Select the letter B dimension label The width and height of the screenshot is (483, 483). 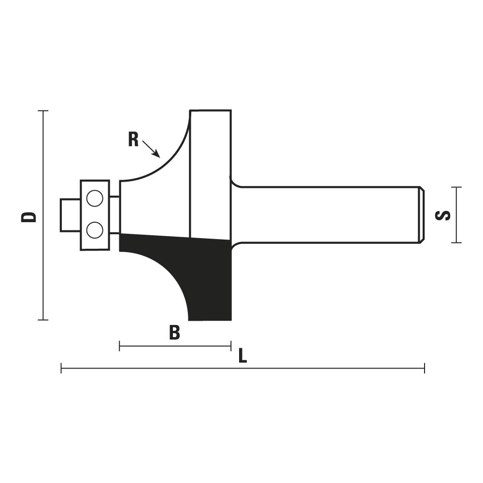[x=175, y=332]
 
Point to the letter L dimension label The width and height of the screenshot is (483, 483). [x=243, y=356]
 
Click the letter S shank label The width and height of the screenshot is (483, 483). [x=442, y=215]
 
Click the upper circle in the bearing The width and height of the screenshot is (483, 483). [x=95, y=198]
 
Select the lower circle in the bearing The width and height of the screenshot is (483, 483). [x=95, y=230]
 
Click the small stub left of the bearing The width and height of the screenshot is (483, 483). [x=71, y=215]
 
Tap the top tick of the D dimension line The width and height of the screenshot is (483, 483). [x=43, y=110]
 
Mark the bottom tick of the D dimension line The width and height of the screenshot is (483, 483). [x=43, y=320]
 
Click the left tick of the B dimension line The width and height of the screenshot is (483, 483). [x=119, y=346]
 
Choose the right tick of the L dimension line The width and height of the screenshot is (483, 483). [x=425, y=368]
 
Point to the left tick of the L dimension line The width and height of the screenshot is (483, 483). [x=61, y=368]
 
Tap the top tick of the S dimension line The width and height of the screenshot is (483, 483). [x=456, y=187]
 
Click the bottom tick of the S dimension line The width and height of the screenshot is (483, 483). [x=456, y=243]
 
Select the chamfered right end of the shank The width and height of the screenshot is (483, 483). [x=422, y=215]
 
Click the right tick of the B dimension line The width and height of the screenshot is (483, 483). [x=231, y=346]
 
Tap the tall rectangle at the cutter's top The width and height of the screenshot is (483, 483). [x=211, y=174]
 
